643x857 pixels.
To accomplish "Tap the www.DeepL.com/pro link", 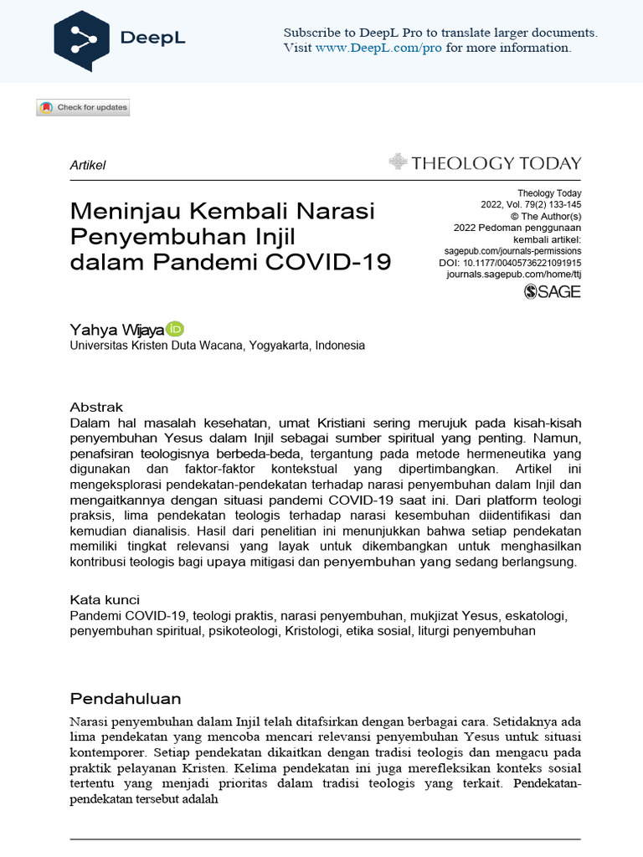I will pyautogui.click(x=378, y=48).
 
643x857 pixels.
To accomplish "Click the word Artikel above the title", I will pyautogui.click(x=87, y=165).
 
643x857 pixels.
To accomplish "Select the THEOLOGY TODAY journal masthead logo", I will pyautogui.click(x=486, y=162).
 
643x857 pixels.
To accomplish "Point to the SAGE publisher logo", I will pyautogui.click(x=552, y=291).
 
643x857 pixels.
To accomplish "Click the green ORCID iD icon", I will pyautogui.click(x=175, y=328).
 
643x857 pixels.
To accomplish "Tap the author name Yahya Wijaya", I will pyautogui.click(x=117, y=329).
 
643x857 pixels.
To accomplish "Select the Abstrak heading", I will pyautogui.click(x=96, y=407).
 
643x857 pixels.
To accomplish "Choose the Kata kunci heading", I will pyautogui.click(x=105, y=599).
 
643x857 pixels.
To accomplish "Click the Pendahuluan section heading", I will pyautogui.click(x=126, y=698).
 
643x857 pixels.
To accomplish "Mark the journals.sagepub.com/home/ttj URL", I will pyautogui.click(x=513, y=274).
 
